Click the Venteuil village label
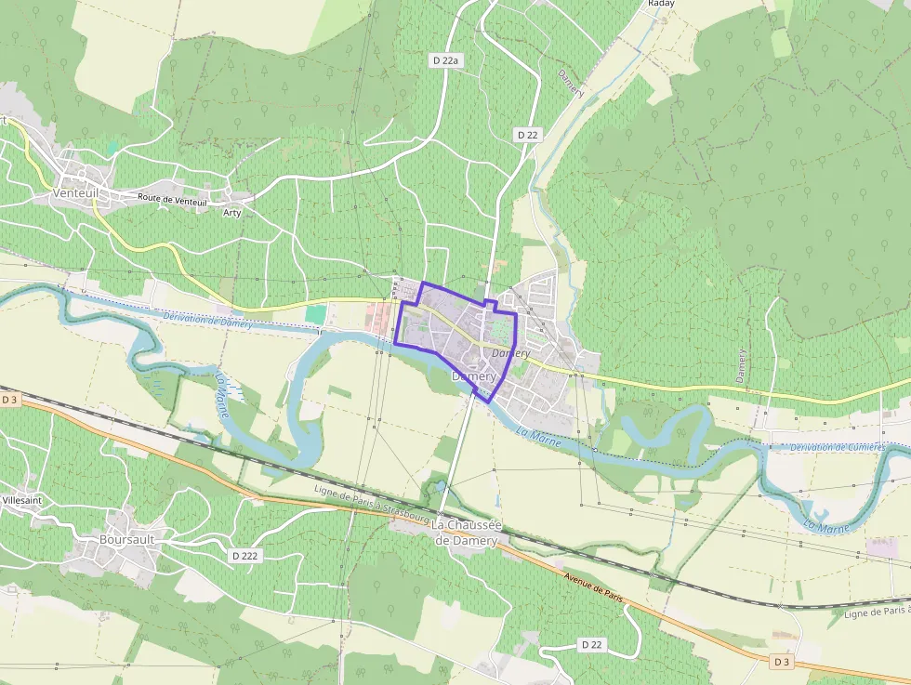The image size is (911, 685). tap(75, 192)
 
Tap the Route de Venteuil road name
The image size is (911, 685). tap(172, 199)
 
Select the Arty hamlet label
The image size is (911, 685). tap(231, 213)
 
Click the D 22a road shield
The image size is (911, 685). tap(446, 60)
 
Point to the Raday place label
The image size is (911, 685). tap(660, 4)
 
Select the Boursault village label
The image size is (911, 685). tap(126, 538)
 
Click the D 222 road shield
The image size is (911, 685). tap(244, 555)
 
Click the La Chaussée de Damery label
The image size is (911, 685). tap(467, 533)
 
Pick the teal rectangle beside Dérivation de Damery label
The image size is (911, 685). tap(316, 315)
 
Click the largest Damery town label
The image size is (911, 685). tap(474, 376)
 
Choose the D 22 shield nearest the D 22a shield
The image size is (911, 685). tap(527, 135)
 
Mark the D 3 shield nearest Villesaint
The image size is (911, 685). tap(10, 400)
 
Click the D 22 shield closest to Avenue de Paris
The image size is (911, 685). tap(592, 644)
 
